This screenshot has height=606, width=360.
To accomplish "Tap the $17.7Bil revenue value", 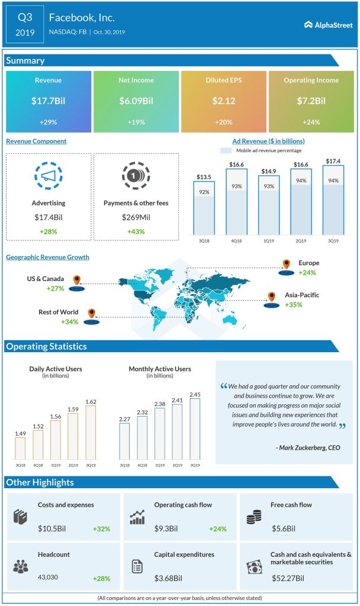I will point(49,101).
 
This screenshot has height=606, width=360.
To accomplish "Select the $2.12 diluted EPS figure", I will point(224,101).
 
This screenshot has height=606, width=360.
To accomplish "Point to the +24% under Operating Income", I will point(311,122).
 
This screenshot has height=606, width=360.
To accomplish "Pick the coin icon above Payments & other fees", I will point(136,176).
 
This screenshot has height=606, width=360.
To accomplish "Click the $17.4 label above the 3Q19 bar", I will point(333,161).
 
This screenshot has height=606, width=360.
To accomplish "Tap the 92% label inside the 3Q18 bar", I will point(204,192).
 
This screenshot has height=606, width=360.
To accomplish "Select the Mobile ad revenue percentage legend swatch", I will point(226,150).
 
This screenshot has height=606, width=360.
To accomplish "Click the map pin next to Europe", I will point(287,265).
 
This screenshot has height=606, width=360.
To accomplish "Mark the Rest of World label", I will point(59,312).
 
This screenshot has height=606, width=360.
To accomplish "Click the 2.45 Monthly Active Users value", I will point(195,394).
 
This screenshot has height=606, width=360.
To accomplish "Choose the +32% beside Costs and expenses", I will point(101,528).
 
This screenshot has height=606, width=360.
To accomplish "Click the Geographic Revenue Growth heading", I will point(47,257).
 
